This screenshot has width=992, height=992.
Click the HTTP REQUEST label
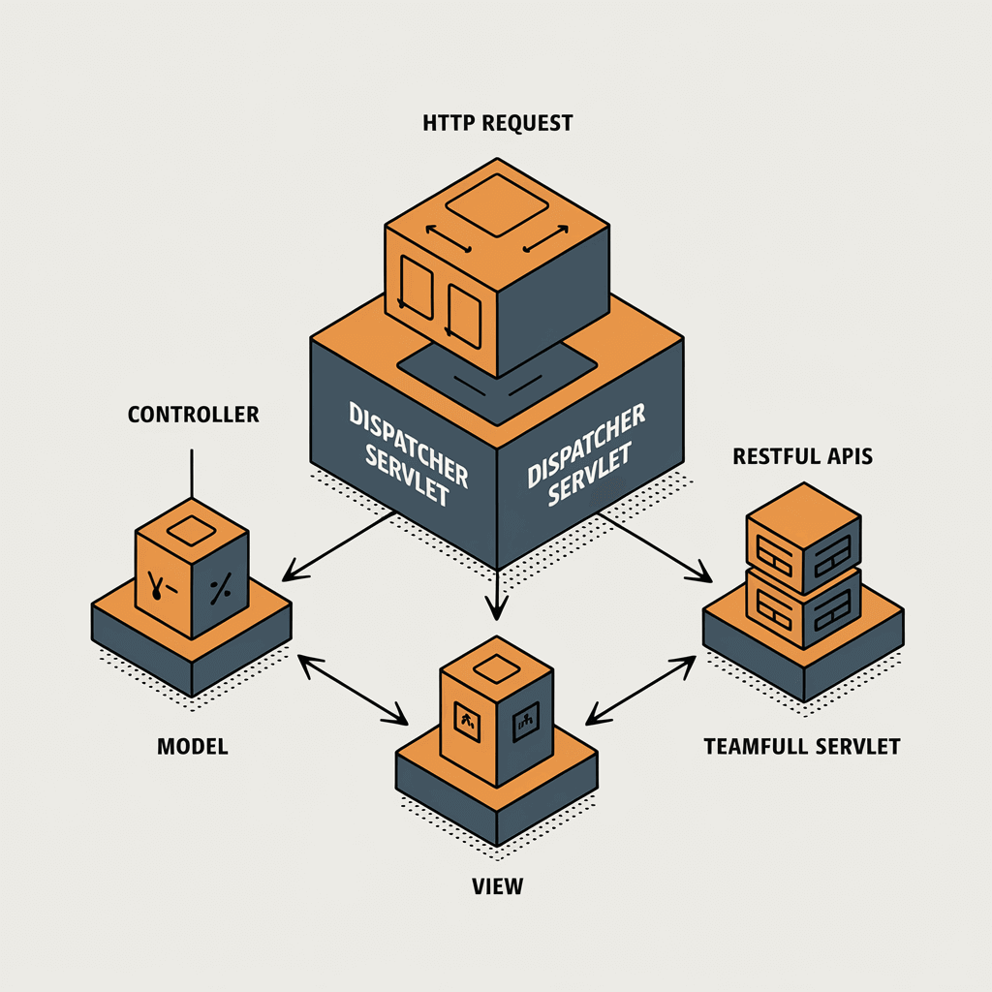[x=497, y=123]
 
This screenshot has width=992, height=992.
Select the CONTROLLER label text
[x=193, y=415]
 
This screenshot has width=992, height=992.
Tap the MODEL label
[x=193, y=747]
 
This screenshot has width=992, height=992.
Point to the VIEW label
[x=497, y=886]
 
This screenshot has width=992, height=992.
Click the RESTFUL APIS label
[x=802, y=456]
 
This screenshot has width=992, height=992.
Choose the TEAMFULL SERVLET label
[x=801, y=747]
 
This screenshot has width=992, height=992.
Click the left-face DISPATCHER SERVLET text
[x=409, y=453]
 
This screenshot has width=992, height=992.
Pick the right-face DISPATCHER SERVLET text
[x=586, y=454]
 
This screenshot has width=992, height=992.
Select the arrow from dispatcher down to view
[x=497, y=595]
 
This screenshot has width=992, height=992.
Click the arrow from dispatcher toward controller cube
[x=338, y=546]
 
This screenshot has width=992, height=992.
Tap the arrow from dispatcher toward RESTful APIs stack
[x=656, y=547]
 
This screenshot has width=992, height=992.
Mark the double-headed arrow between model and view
[x=353, y=690]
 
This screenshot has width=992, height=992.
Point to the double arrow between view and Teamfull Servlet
[x=640, y=690]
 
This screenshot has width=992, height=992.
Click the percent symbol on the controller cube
[x=220, y=589]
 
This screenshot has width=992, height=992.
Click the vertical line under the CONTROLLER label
[x=192, y=474]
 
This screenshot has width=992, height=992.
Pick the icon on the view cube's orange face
[x=468, y=721]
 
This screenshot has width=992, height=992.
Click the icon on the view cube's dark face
[x=525, y=721]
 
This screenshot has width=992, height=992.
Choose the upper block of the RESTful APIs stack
[x=803, y=539]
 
